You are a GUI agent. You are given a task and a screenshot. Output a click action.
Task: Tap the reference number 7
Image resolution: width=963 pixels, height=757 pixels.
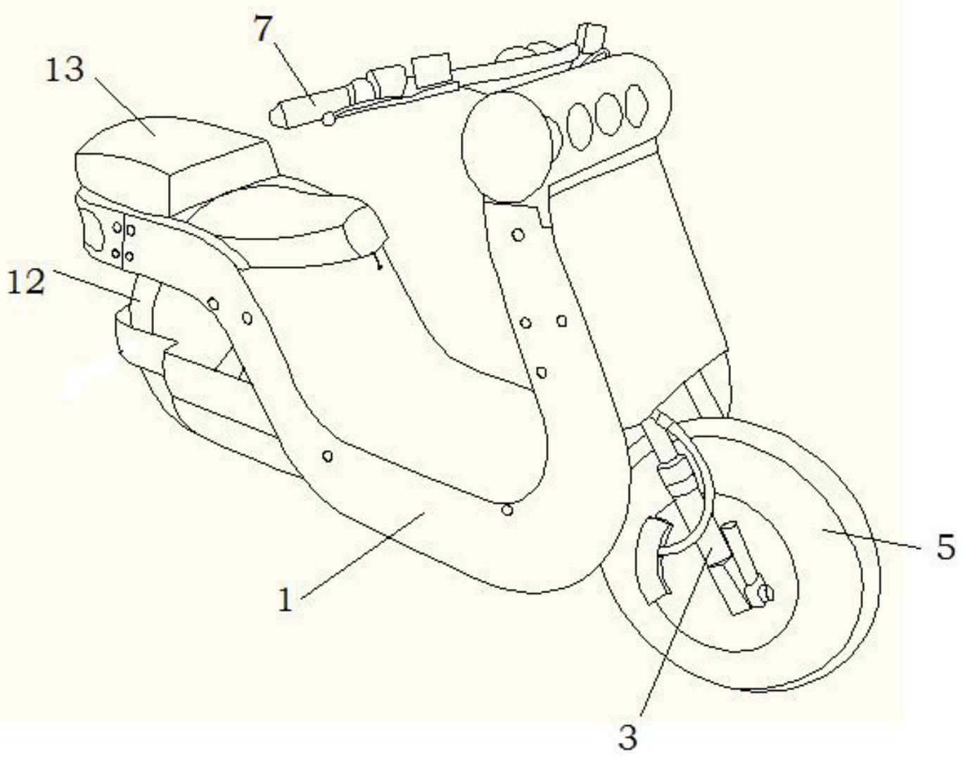click(x=264, y=30)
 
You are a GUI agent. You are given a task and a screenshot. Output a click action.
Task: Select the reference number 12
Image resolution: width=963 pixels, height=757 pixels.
click(x=26, y=283)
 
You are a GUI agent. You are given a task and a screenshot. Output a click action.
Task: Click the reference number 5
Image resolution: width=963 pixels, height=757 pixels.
click(x=945, y=548)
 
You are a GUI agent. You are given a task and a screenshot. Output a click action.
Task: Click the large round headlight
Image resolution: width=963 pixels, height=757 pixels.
click(x=507, y=147)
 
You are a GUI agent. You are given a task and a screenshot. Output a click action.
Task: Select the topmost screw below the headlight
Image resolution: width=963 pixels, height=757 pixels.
click(x=517, y=234)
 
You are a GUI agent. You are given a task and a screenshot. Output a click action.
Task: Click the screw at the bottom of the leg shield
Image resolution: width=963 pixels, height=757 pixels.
click(x=508, y=510)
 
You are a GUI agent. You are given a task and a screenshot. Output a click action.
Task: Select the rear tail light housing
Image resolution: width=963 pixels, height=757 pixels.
click(x=95, y=235)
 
